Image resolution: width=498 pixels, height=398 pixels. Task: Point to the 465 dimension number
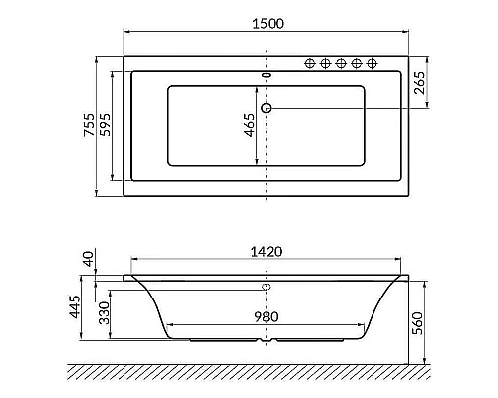tap(249, 125)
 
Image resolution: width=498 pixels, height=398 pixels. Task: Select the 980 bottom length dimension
tap(265, 318)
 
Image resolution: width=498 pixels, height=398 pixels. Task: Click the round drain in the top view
tap(266, 107)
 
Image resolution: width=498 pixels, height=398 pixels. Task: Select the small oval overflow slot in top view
tap(266, 73)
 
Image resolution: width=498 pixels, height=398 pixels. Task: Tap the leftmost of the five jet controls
tap(309, 63)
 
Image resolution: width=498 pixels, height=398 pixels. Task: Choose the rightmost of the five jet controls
tap(373, 63)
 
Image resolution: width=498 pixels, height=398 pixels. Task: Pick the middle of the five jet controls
tap(341, 63)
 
